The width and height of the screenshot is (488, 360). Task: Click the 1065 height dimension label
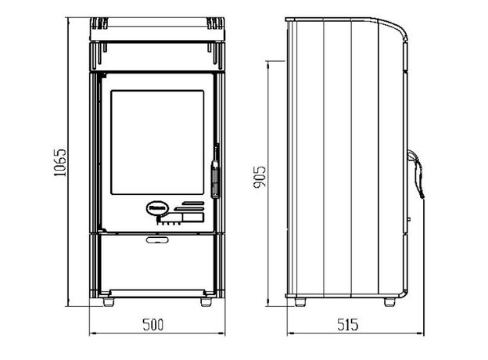[59, 163]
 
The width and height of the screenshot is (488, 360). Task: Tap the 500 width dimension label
[153, 325]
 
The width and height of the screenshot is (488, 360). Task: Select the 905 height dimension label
[260, 177]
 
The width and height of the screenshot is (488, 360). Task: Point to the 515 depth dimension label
[348, 325]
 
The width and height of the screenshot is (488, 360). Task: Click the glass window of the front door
[157, 142]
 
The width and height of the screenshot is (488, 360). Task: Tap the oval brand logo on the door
[157, 208]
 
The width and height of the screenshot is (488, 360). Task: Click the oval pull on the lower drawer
[157, 239]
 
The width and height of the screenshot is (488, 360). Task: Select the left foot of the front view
[109, 302]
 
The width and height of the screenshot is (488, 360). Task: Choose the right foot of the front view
[206, 302]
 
